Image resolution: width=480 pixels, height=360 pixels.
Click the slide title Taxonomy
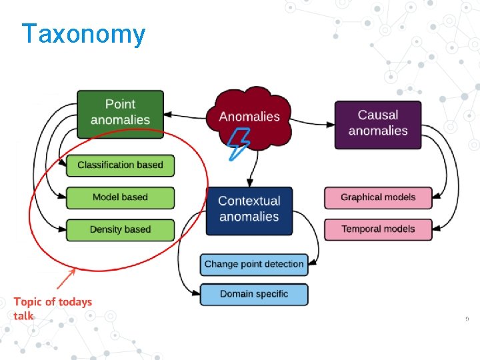[x=83, y=34]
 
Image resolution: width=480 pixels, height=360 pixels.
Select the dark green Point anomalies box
[x=120, y=112]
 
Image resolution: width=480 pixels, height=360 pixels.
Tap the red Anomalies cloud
[x=249, y=115]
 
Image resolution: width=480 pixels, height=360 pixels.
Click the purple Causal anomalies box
[x=378, y=123]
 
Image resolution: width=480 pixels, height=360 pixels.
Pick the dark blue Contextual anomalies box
[x=249, y=209]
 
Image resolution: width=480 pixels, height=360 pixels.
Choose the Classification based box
[x=120, y=165]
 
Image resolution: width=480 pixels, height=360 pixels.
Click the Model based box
[x=120, y=197]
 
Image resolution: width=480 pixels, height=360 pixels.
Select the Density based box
[x=120, y=229]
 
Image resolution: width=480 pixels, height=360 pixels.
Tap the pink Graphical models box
[x=378, y=197]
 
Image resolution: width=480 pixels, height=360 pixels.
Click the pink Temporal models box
[x=378, y=229]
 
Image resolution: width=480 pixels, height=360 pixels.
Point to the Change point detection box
[x=254, y=264]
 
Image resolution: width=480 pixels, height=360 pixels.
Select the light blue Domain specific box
[x=254, y=294]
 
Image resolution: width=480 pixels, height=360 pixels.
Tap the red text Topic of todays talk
[x=53, y=308]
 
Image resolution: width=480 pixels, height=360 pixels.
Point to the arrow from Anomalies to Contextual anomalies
[x=249, y=173]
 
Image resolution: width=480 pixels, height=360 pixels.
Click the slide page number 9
[x=467, y=319]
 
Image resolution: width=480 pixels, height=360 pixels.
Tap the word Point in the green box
[x=120, y=104]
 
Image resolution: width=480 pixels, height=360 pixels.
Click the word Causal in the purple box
[x=378, y=115]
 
